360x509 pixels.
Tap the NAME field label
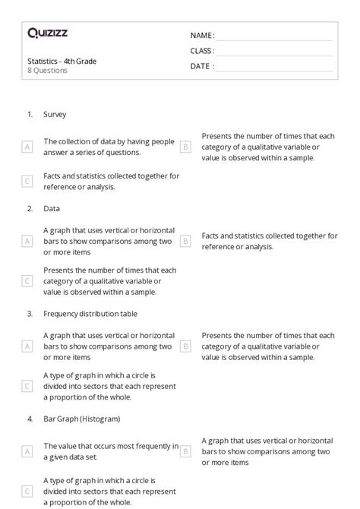tap(202, 36)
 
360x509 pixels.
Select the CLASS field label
tap(202, 51)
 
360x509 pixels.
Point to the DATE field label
tap(202, 66)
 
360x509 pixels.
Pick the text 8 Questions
tap(47, 71)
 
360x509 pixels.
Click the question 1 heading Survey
tap(55, 115)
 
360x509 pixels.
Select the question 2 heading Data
tap(52, 208)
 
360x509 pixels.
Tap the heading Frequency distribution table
tap(90, 313)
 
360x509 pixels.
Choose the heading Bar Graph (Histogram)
tap(82, 418)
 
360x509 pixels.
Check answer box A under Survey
tap(27, 147)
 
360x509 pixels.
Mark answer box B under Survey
tap(185, 147)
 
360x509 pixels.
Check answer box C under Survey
tap(27, 181)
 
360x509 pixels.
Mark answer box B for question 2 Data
tap(185, 241)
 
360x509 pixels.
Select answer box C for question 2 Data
tap(27, 280)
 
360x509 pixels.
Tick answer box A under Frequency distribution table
tap(27, 346)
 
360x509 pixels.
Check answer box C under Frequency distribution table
tap(27, 385)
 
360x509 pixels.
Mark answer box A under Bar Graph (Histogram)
tap(27, 451)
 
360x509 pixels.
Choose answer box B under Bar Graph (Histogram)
tap(185, 451)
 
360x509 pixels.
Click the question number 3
tap(30, 313)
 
